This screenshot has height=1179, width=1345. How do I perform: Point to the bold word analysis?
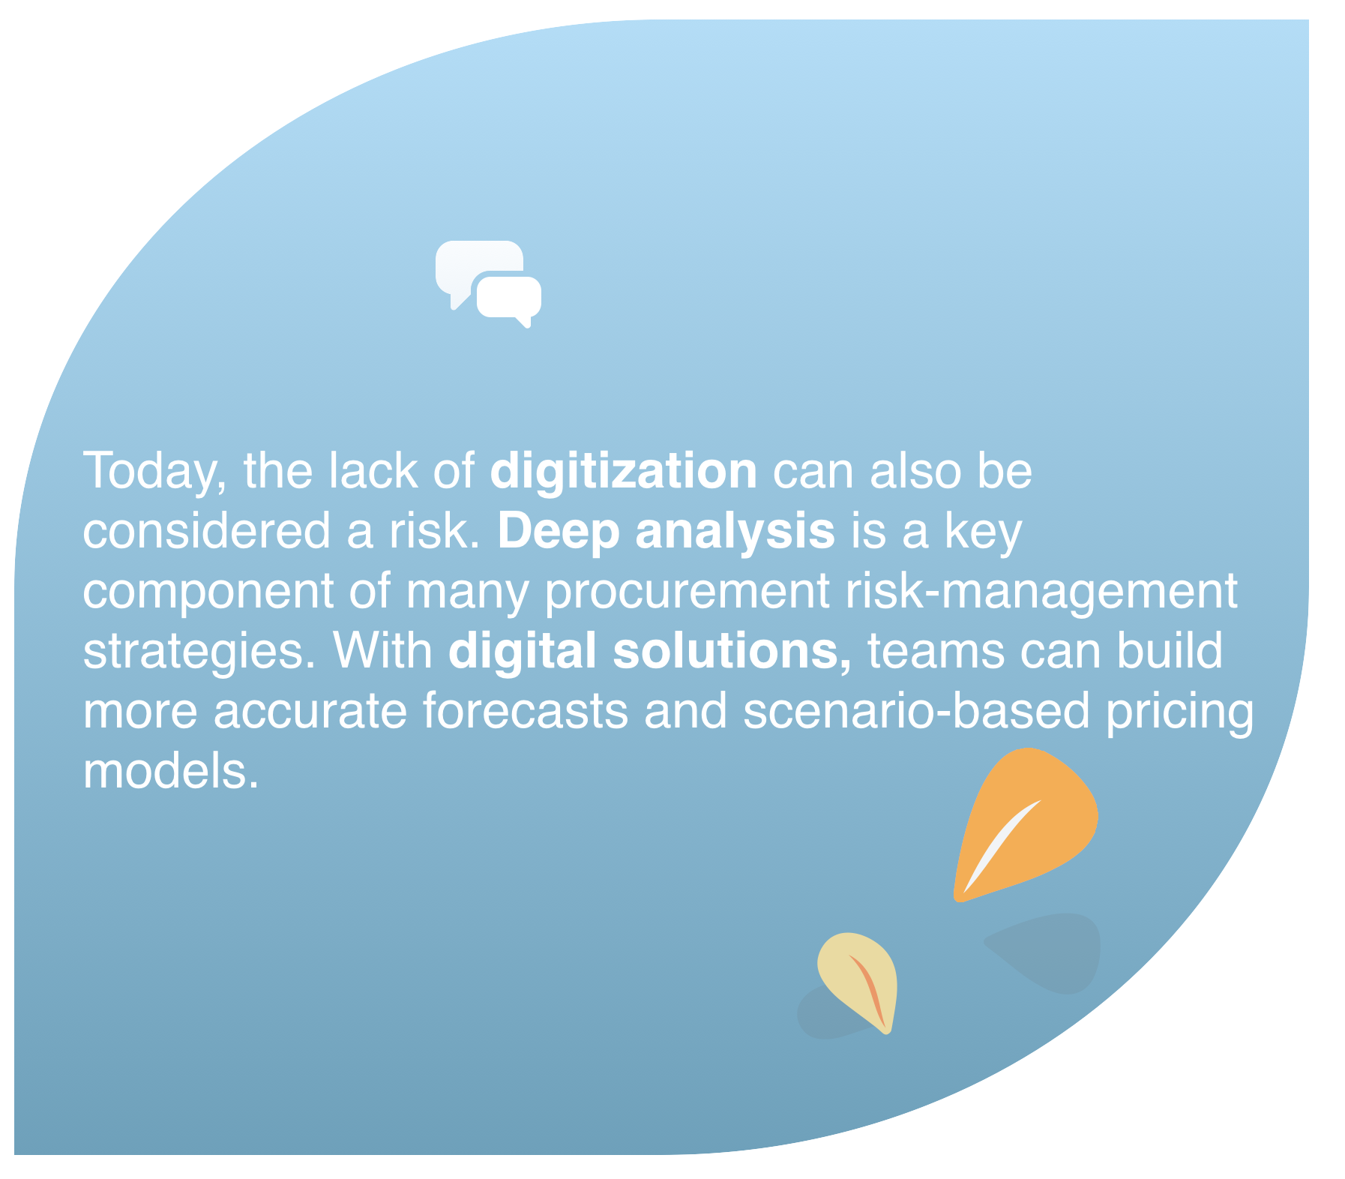(735, 532)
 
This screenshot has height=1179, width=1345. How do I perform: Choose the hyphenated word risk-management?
(1041, 592)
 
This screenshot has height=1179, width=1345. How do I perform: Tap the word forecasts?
(526, 710)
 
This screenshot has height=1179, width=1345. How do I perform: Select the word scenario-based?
(916, 710)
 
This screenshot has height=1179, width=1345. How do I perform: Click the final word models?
(171, 770)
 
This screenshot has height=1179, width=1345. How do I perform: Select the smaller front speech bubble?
(509, 298)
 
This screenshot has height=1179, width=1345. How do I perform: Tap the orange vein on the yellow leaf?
(870, 989)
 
